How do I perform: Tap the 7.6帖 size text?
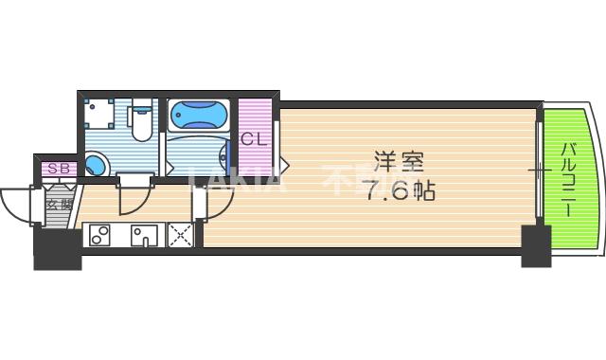[400, 190]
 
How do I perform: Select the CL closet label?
[252, 139]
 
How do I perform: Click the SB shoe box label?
[58, 169]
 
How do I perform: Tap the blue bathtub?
[199, 117]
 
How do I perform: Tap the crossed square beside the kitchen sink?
[180, 235]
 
